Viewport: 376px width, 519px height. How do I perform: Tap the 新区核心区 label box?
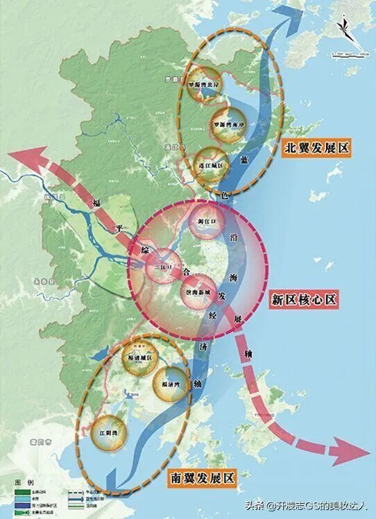point(304,300)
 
